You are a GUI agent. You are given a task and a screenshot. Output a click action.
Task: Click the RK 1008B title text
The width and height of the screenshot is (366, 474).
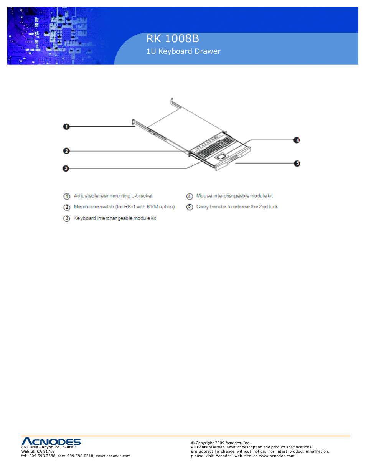tap(173, 38)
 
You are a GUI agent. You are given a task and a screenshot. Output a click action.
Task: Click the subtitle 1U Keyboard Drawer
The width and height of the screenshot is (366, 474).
tap(183, 51)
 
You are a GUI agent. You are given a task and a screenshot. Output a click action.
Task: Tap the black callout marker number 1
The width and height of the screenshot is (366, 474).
tap(66, 127)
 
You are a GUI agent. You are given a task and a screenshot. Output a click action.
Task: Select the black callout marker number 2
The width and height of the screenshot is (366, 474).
tap(66, 151)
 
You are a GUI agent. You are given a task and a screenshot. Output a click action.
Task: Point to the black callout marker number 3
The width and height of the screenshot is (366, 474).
tap(66, 168)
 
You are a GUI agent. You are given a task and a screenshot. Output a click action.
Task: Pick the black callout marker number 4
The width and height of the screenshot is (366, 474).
tap(297, 140)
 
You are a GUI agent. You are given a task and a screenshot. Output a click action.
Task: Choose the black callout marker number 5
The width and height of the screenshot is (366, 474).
tap(297, 164)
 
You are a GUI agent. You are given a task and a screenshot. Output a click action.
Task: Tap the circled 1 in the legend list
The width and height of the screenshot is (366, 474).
tap(67, 196)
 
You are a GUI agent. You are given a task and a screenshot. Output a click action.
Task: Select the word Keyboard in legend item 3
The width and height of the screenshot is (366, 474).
tap(84, 218)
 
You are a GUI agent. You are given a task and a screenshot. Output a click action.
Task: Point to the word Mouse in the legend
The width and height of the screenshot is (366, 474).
tap(204, 196)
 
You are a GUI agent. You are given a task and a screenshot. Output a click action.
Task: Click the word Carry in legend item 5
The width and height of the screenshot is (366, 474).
tap(202, 207)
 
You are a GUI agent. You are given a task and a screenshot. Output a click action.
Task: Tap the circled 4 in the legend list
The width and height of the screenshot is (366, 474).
tap(190, 196)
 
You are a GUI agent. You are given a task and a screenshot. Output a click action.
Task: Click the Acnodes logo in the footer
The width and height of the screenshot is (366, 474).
tap(51, 441)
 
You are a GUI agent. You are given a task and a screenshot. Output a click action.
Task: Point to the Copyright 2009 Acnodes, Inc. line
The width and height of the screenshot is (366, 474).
tap(221, 443)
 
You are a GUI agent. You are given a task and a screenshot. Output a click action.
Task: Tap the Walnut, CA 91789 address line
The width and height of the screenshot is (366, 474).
tap(38, 451)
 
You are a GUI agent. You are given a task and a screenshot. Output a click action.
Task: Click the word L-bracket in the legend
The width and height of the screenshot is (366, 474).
tap(142, 196)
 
